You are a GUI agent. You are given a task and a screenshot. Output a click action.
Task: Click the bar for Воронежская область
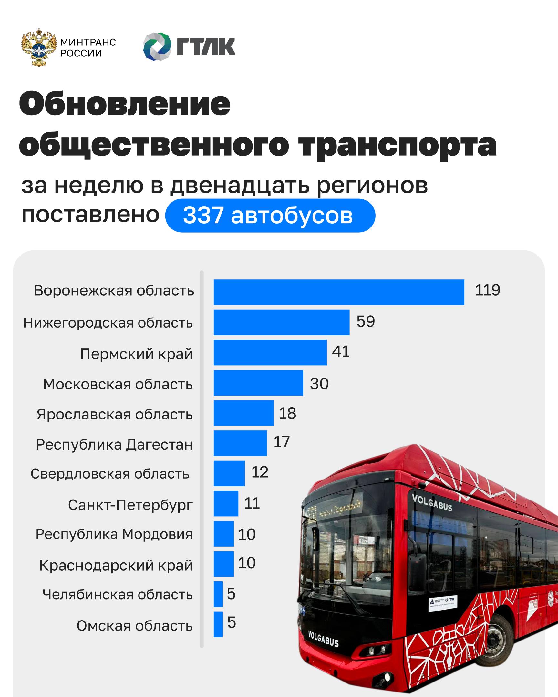coord(339,292)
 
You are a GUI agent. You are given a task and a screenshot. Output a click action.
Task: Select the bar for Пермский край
coord(270,352)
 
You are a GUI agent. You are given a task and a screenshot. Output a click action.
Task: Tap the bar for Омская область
coord(218,624)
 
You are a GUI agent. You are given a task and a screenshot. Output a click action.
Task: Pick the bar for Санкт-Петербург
coord(226,503)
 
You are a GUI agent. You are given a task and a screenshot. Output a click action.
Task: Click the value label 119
coord(487,290)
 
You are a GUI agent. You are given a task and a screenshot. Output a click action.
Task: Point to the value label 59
coord(366,321)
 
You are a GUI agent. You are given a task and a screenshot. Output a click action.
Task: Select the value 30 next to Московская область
coord(319,384)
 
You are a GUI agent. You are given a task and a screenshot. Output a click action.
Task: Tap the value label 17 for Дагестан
coord(282,442)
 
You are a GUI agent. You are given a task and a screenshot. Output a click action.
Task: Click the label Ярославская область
coord(115,414)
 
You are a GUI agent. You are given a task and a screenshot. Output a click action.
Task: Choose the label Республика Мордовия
coord(114,534)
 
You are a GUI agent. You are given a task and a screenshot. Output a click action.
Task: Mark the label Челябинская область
coord(118,594)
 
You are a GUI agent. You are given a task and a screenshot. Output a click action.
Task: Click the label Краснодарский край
coord(116,565)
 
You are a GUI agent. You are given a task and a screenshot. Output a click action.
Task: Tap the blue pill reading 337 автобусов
coord(270,216)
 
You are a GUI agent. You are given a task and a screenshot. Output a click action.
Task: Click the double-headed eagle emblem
coord(38,47)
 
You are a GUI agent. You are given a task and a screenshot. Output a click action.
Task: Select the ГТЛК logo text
coord(206,47)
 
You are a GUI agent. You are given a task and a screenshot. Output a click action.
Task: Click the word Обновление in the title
coord(125,104)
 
